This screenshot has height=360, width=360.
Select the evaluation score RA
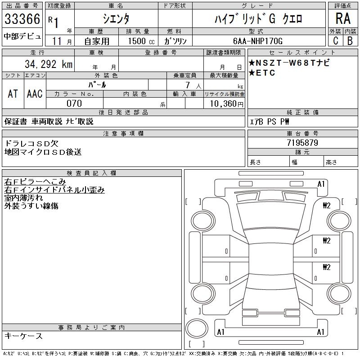click(x=342, y=19)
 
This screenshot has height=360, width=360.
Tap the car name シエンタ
click(x=116, y=19)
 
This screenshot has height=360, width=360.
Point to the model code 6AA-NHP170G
click(x=258, y=41)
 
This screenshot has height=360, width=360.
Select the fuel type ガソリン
click(x=175, y=41)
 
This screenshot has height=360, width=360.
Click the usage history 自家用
click(x=97, y=41)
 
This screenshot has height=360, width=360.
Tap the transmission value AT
click(x=13, y=94)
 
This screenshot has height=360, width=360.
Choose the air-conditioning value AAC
click(x=35, y=94)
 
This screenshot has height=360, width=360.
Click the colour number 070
click(x=74, y=103)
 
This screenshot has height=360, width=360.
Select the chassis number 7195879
click(x=302, y=143)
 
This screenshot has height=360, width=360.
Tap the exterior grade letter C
click(x=335, y=40)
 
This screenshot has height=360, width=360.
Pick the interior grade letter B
click(x=350, y=40)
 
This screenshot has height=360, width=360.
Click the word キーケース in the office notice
click(x=23, y=336)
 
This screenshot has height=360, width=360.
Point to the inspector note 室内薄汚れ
click(x=24, y=198)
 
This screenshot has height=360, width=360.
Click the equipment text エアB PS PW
click(x=270, y=121)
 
